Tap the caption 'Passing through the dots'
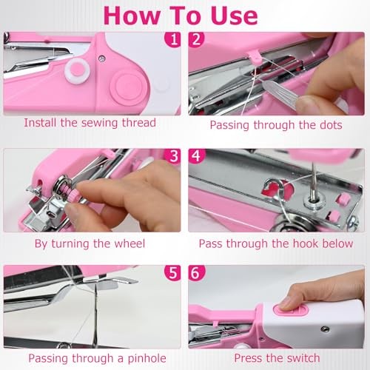[276, 124]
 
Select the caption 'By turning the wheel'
[90, 242]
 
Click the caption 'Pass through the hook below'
[276, 242]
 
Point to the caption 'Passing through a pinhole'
[90, 359]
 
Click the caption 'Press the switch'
[276, 359]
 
